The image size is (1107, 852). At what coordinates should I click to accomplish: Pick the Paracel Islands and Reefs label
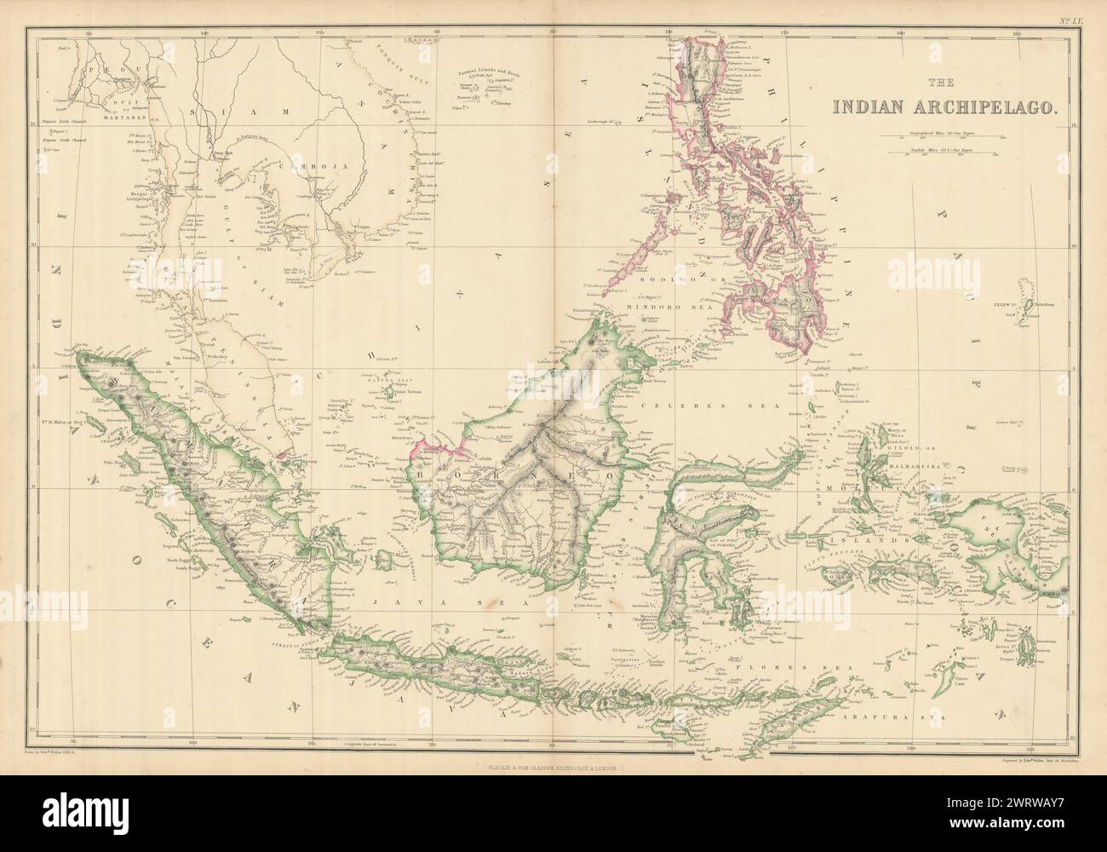(490, 86)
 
